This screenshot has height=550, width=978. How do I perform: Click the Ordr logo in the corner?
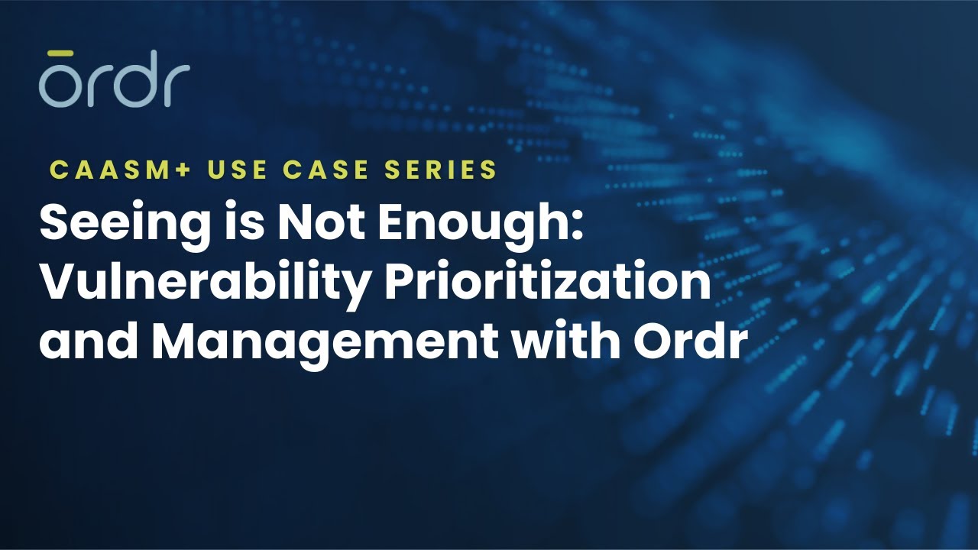click(115, 79)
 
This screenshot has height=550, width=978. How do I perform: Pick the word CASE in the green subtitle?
click(329, 170)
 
